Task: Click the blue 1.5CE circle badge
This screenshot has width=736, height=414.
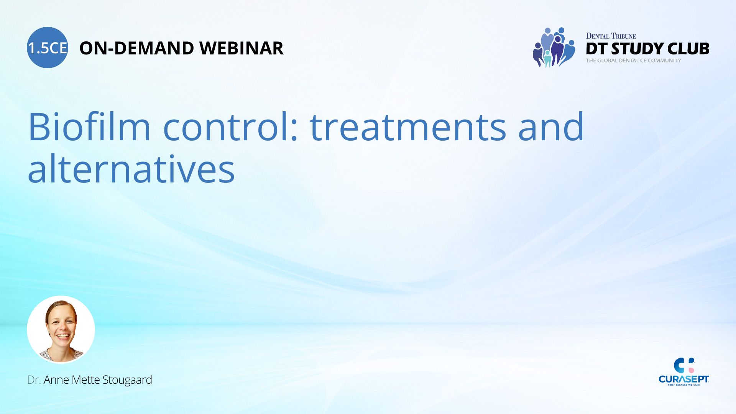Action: (x=48, y=48)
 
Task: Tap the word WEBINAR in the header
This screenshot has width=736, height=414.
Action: (x=242, y=48)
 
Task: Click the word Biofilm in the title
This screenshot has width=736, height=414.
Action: (x=89, y=127)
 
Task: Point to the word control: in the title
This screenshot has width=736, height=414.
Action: (x=231, y=127)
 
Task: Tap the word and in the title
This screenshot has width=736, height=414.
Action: (x=551, y=127)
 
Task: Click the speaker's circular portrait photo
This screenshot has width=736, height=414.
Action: (x=61, y=329)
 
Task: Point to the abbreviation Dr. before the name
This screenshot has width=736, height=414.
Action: (x=34, y=380)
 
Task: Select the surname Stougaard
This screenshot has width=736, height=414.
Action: (x=127, y=380)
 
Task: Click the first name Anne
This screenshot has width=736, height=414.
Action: (x=56, y=380)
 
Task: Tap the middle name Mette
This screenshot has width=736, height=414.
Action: (x=85, y=380)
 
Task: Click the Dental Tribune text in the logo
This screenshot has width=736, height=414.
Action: (x=611, y=36)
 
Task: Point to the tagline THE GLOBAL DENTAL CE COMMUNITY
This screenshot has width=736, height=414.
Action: (x=634, y=61)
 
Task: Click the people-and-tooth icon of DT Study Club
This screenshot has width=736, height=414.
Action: (x=554, y=47)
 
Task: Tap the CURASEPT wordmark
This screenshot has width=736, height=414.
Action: (x=684, y=379)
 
